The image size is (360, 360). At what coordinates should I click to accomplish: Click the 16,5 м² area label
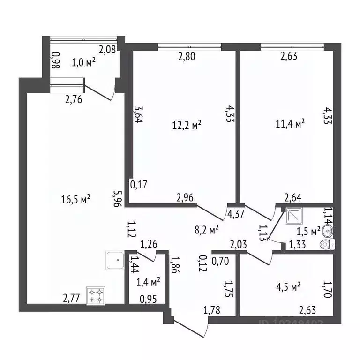(x=75, y=199)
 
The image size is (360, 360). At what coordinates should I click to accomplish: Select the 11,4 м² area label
(x=291, y=123)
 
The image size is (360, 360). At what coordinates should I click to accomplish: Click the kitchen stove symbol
(x=96, y=295)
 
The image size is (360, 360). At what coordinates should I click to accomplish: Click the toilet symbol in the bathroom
(x=327, y=244)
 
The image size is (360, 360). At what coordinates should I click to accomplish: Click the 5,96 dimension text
(x=119, y=198)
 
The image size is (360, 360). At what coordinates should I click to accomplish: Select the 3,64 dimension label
(x=138, y=114)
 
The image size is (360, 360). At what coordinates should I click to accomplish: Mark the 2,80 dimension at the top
(x=186, y=57)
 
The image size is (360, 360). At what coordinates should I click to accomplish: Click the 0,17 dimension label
(x=139, y=185)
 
